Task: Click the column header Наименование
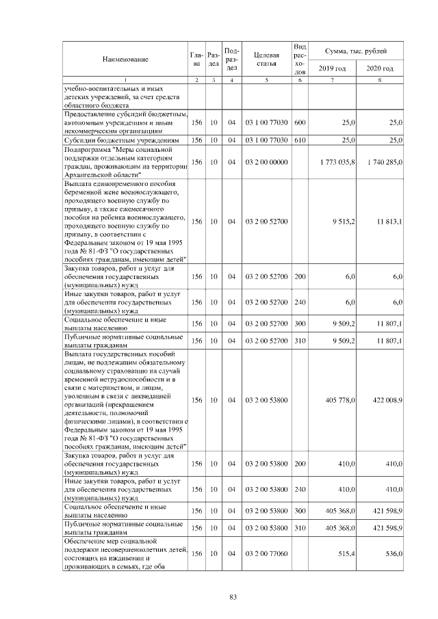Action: [125, 60]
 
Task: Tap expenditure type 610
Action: [299, 140]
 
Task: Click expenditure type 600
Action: [299, 122]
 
